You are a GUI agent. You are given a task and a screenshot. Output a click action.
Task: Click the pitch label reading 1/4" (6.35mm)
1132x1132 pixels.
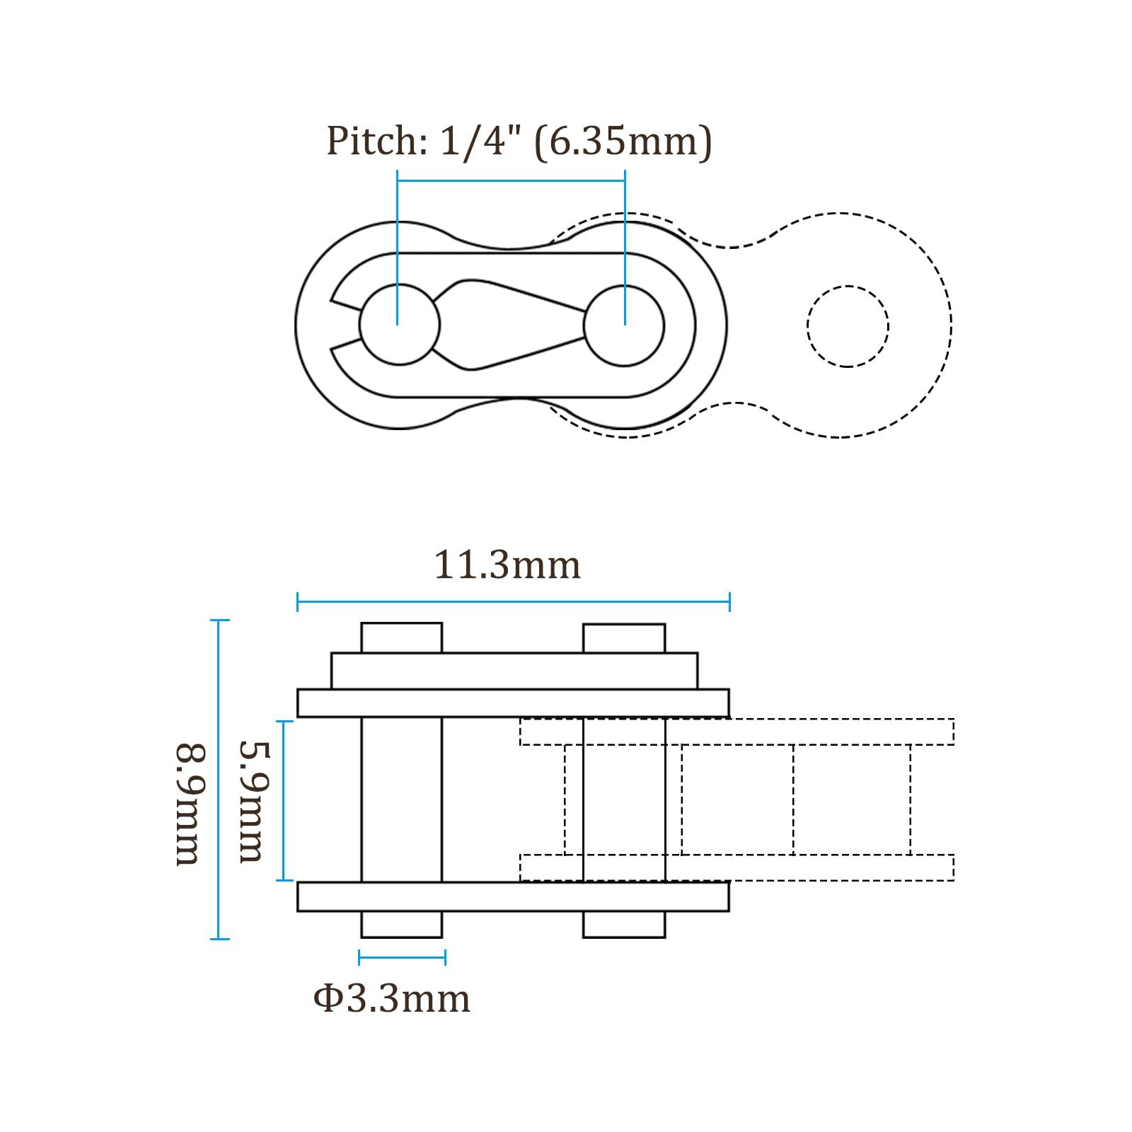[x=576, y=141]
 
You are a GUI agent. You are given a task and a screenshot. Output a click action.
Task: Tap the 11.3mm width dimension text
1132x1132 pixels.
[x=507, y=565]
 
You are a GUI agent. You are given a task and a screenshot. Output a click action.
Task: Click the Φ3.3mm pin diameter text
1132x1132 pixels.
[x=391, y=999]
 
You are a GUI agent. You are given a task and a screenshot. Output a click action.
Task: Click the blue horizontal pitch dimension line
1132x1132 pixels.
[x=511, y=180]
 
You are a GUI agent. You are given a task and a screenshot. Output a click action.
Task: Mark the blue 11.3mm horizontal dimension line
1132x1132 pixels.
[x=513, y=603]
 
